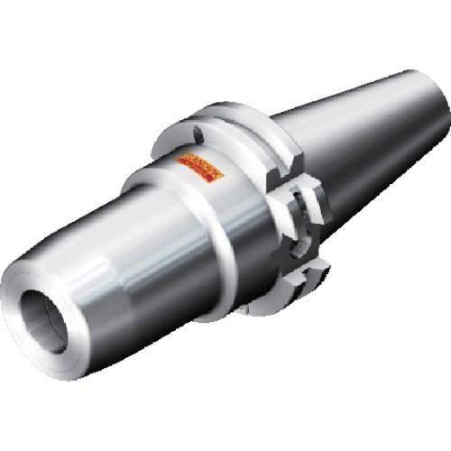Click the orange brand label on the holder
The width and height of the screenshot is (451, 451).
click(x=199, y=166)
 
